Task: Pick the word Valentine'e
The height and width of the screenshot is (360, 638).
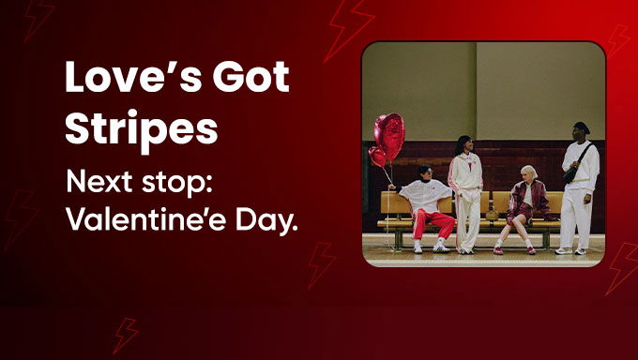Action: [x=144, y=222]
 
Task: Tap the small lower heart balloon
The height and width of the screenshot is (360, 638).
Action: [x=377, y=157]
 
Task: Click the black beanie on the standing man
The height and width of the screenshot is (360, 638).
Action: [x=582, y=127]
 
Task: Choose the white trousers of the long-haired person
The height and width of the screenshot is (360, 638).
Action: [x=467, y=219]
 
